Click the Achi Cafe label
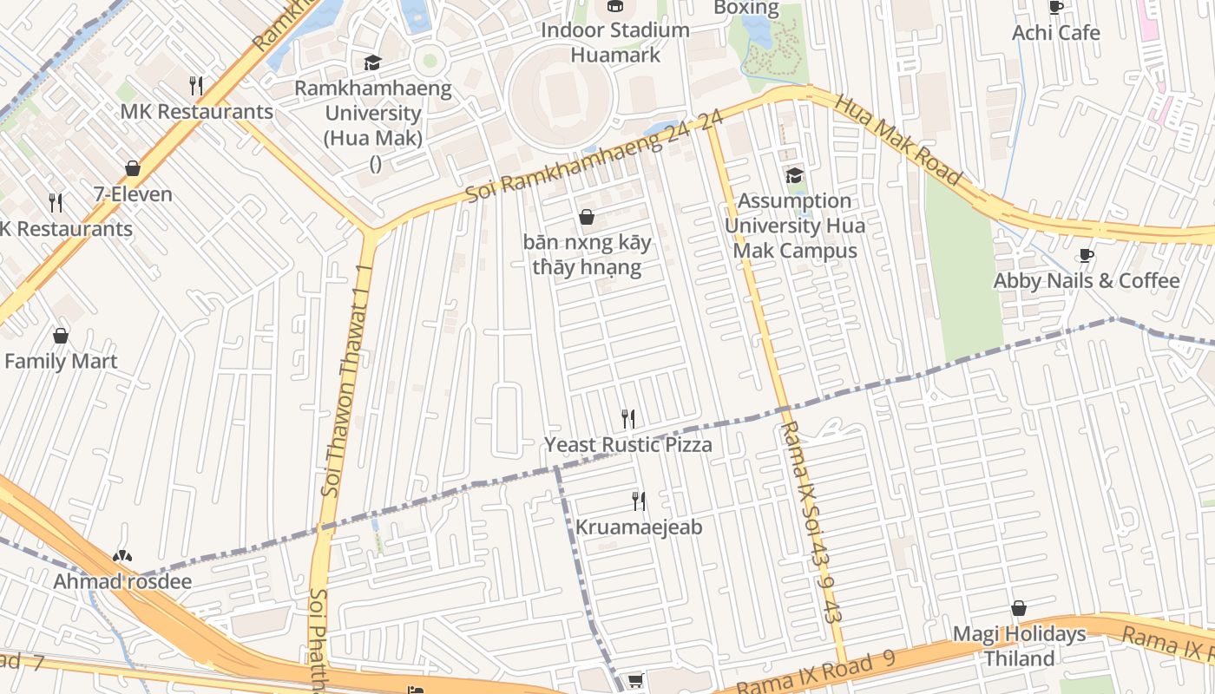(x=1055, y=33)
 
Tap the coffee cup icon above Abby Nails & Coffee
(x=1086, y=255)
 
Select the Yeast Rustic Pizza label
(x=627, y=445)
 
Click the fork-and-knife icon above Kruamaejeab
(x=639, y=501)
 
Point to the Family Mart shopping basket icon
(x=61, y=336)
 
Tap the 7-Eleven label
(x=133, y=194)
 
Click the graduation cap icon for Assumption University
(x=794, y=176)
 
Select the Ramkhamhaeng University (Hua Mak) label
(x=373, y=113)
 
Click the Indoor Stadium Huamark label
(x=615, y=42)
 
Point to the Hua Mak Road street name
(x=898, y=140)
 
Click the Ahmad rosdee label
(x=122, y=581)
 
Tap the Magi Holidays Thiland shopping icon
(x=1019, y=609)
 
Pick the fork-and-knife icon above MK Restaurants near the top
(x=196, y=86)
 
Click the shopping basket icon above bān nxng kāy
(x=587, y=217)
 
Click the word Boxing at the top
(x=745, y=8)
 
